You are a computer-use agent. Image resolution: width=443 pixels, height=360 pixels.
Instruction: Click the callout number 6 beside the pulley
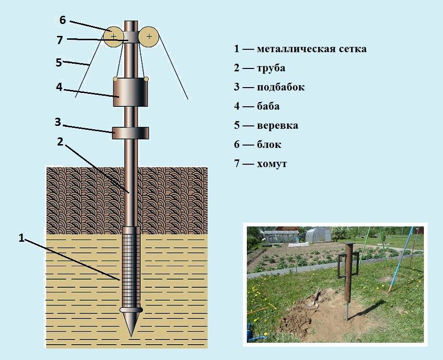pos(63,20)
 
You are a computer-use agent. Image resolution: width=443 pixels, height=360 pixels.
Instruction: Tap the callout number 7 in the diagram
pos(59,40)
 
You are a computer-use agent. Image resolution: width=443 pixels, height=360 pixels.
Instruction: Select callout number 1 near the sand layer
pos(22,238)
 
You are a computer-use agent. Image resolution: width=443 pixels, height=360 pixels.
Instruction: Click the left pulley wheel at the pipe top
pos(113,36)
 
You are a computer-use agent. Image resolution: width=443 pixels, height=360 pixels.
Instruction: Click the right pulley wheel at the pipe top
pos(149,37)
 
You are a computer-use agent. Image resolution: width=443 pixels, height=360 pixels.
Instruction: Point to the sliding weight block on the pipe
pos(131,92)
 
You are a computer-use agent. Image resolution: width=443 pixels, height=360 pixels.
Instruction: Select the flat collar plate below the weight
pos(131,133)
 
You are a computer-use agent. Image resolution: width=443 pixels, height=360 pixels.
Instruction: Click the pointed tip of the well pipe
pos(131,337)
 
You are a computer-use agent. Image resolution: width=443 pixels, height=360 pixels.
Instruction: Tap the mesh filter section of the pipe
pos(131,267)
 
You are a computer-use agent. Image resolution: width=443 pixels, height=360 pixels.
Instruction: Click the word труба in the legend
pos(271,68)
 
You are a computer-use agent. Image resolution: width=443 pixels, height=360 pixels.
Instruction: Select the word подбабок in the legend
pos(280,87)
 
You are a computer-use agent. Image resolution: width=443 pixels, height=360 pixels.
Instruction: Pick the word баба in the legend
pos(268,106)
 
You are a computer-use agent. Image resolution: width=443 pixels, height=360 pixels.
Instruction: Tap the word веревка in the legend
pos(277,125)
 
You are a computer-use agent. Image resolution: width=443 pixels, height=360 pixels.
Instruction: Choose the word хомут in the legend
pos(272,164)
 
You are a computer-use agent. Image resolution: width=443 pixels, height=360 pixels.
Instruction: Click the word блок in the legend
pos(269,144)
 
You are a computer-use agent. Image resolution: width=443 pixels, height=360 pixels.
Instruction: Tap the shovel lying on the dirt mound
pos(314,298)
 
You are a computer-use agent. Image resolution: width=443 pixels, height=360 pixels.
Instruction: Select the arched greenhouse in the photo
pos(319,235)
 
